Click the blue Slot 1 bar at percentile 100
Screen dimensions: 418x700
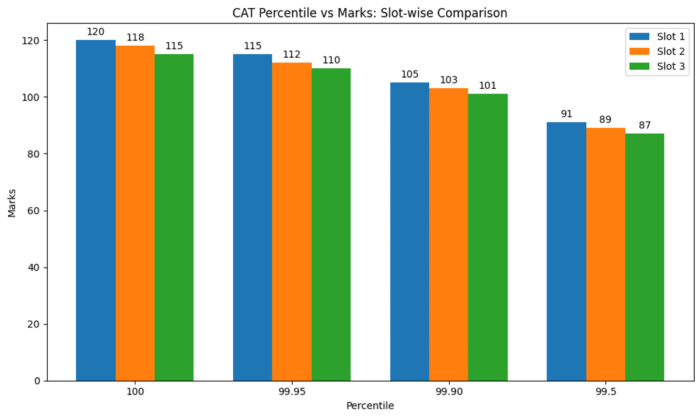(96, 210)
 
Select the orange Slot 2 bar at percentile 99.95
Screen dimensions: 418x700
(292, 222)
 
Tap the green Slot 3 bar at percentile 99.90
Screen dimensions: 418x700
(488, 237)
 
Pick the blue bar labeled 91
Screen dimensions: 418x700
(566, 251)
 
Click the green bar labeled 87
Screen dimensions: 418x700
(645, 257)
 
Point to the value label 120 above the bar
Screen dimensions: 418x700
(96, 32)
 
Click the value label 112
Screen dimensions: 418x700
(292, 55)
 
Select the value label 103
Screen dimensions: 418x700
(449, 80)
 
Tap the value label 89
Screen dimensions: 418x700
(605, 120)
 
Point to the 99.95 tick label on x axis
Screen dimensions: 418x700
(292, 392)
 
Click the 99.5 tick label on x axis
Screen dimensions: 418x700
(605, 392)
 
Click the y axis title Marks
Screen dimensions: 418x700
(12, 202)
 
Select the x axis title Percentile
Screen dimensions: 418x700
(370, 406)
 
